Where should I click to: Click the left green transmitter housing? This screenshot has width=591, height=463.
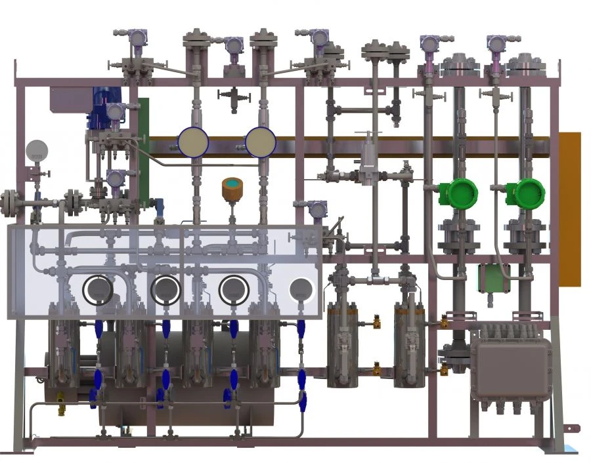[x=458, y=193]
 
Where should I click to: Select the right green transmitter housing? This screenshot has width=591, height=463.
[x=526, y=193]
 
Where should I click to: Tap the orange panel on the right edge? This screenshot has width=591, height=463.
[x=570, y=209]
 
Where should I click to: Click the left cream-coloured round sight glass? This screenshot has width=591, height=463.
[x=194, y=142]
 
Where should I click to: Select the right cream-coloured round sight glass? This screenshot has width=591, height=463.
[x=261, y=142]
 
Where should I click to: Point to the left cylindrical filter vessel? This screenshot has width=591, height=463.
[x=342, y=344]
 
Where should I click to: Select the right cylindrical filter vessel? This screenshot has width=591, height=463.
[x=410, y=344]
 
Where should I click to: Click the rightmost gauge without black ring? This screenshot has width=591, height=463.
[x=301, y=289]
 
